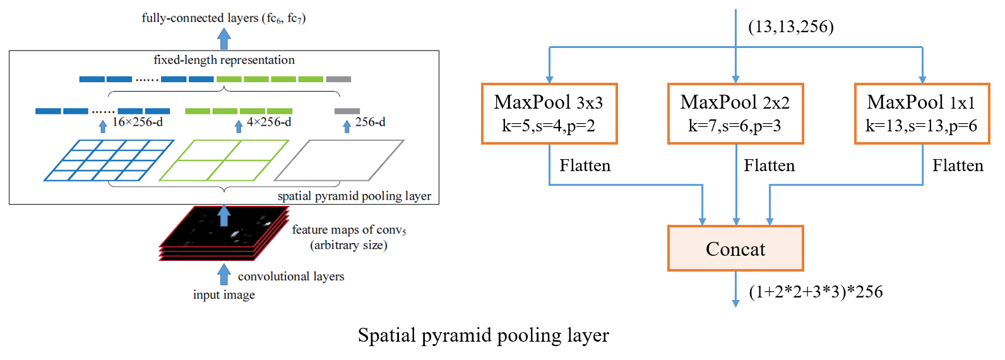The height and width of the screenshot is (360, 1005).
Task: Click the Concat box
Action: (735, 248)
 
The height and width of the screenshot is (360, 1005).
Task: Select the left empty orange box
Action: (549, 114)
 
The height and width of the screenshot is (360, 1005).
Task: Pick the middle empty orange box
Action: (735, 114)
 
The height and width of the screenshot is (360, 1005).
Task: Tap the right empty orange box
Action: (922, 114)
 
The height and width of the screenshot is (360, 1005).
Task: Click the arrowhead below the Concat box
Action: (735, 303)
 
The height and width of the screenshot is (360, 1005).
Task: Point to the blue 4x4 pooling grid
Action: (109, 160)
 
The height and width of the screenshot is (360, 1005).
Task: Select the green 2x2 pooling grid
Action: (223, 160)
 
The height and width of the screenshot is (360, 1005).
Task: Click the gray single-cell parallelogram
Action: (339, 160)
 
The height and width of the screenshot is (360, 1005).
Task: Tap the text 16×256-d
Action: (137, 122)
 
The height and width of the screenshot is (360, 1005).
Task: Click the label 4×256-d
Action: (269, 122)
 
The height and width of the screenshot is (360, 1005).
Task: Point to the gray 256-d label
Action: (370, 122)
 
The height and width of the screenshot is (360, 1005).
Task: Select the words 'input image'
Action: (224, 295)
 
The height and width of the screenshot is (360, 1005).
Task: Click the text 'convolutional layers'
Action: (291, 276)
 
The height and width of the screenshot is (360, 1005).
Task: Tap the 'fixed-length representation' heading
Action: (224, 60)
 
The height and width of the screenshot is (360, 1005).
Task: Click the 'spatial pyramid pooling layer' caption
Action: (354, 196)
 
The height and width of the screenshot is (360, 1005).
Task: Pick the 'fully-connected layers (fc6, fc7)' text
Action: (223, 18)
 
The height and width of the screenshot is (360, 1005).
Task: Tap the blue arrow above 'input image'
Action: (224, 275)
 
